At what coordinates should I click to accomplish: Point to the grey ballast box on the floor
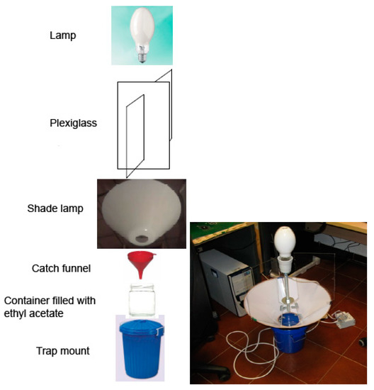342,320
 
